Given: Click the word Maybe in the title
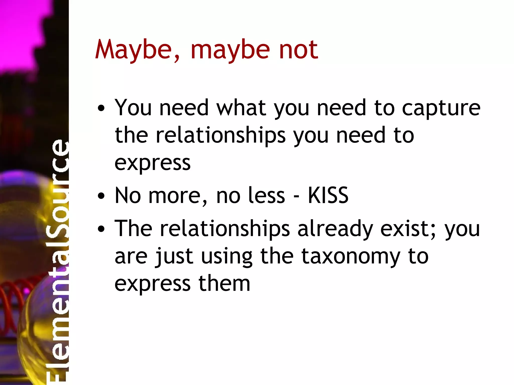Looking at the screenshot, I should pos(133,50).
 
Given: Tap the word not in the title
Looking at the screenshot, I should pos(298,50).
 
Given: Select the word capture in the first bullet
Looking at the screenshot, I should pos(441,108).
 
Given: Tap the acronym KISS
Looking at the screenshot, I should pos(328,196).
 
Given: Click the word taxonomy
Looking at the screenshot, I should pos(351,257).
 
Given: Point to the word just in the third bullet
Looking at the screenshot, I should pos(174,257).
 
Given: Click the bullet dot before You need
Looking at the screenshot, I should pos(101,109).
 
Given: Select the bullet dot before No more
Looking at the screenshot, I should pos(101,197).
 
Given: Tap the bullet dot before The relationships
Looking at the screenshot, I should pos(101,229).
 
